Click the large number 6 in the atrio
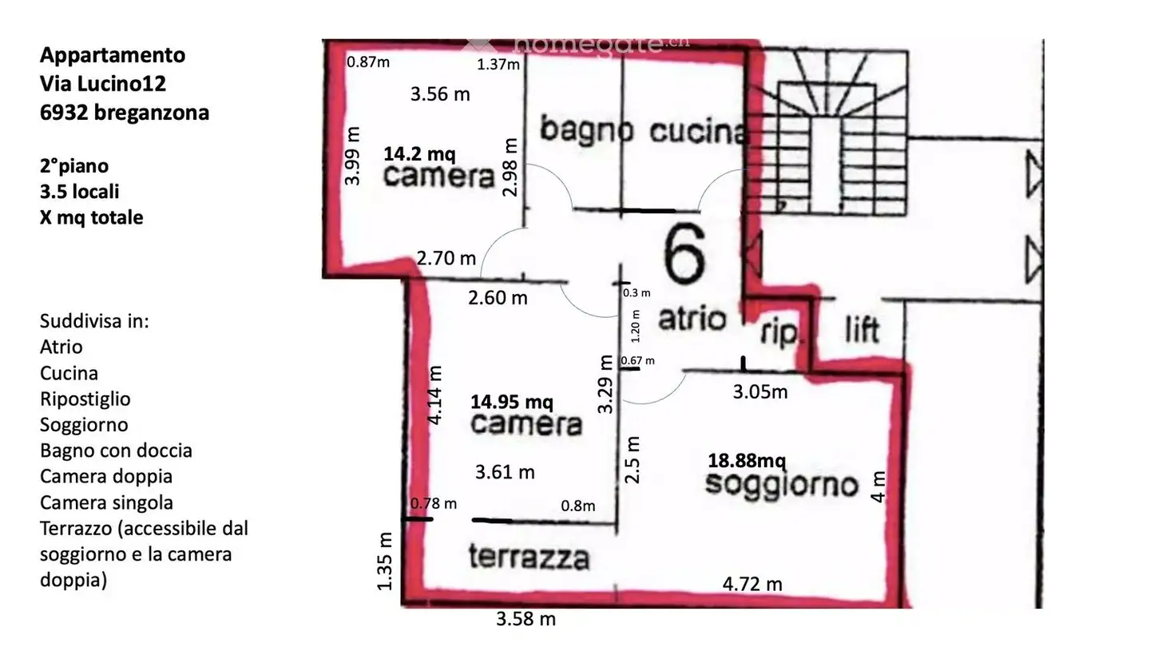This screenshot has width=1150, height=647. tap(684, 254)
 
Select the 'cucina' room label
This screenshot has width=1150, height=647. tap(696, 132)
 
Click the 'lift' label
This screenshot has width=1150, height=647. tap(862, 328)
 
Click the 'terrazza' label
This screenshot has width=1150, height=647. tap(529, 557)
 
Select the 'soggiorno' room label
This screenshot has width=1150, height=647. tap(781, 484)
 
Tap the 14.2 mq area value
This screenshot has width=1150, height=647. tap(419, 152)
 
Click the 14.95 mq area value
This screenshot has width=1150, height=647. tap(511, 401)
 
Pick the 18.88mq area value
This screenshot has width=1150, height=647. tap(747, 461)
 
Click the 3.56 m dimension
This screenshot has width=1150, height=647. tap(440, 94)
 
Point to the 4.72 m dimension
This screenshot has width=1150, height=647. tap(752, 584)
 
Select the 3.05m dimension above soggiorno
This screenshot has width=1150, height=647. tap(760, 391)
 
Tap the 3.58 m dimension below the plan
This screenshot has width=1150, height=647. tap(525, 619)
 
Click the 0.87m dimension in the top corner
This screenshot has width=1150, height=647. tap(367, 62)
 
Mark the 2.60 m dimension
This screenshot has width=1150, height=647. tap(498, 298)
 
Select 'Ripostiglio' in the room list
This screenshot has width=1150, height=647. tap(85, 399)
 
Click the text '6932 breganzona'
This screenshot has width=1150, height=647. tap(124, 113)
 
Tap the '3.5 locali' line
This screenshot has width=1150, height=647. tap(80, 192)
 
